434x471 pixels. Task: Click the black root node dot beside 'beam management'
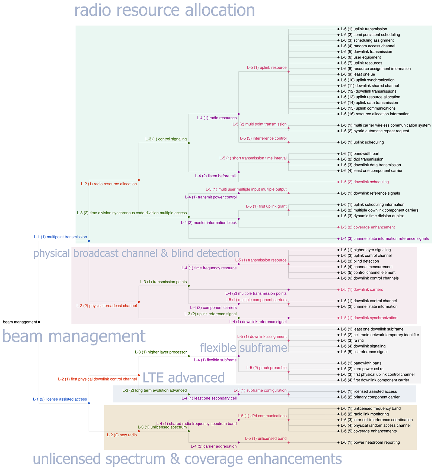(x=39, y=322)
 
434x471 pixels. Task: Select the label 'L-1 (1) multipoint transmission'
(x=60, y=237)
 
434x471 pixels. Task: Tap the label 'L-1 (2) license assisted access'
(x=60, y=399)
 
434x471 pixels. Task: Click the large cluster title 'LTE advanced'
(x=184, y=378)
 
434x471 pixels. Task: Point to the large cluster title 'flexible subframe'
(x=244, y=348)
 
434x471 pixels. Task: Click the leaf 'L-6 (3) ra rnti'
(x=352, y=340)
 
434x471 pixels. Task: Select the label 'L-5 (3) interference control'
(x=263, y=138)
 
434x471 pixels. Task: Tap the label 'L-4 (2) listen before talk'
(x=216, y=176)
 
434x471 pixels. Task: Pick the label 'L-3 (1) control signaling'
(x=166, y=139)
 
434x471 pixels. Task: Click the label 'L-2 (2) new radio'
(x=122, y=435)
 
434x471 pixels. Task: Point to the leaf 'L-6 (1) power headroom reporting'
(x=370, y=442)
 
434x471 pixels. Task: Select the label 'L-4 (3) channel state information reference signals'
(x=385, y=238)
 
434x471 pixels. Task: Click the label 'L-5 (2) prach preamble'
(x=266, y=368)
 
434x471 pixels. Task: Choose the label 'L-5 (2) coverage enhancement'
(x=368, y=227)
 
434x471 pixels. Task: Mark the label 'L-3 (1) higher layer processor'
(x=161, y=352)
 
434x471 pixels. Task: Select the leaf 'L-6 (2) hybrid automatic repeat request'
(x=375, y=131)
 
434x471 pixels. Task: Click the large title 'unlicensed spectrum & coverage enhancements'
(x=187, y=459)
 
